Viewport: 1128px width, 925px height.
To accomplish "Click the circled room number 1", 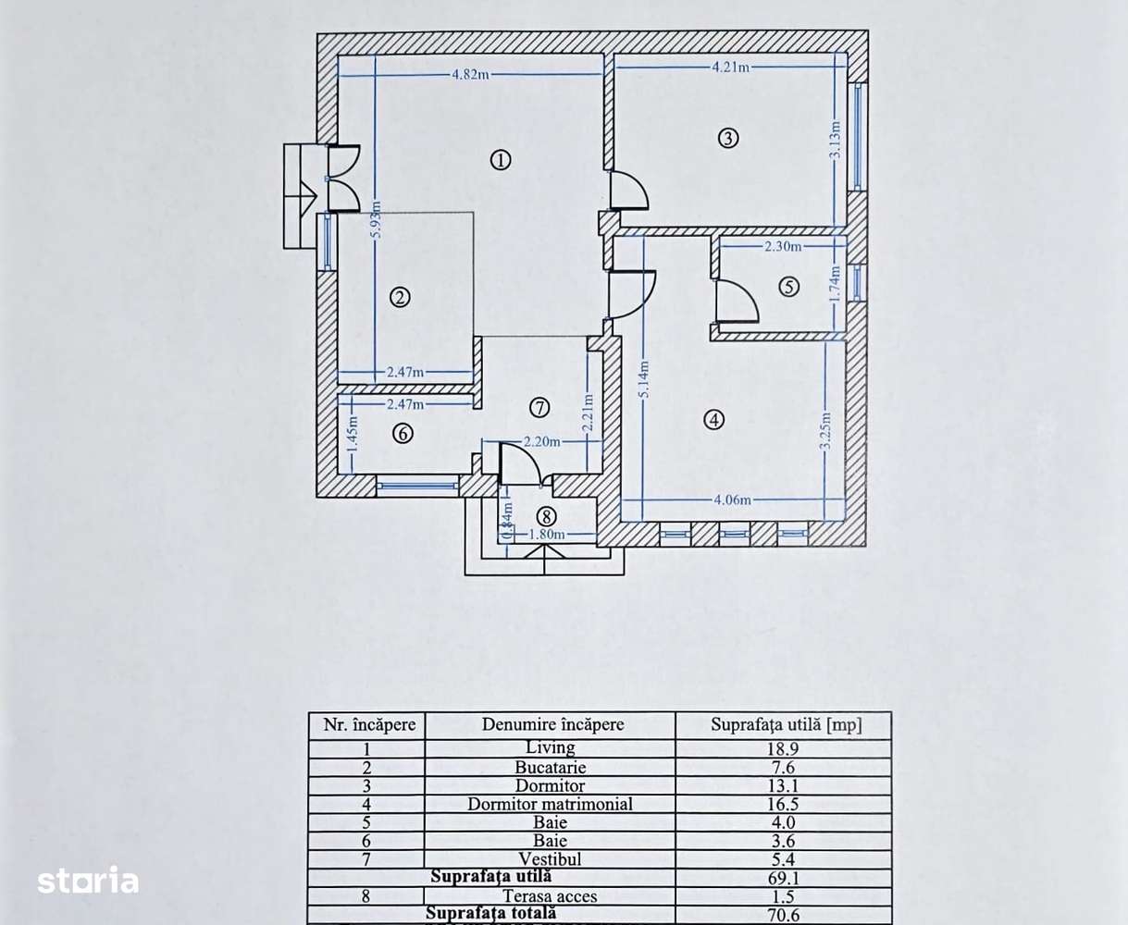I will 500,160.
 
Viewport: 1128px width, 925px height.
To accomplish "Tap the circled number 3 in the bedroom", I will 728,139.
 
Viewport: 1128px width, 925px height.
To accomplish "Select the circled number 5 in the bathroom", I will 788,287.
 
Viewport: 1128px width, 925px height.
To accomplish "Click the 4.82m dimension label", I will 470,75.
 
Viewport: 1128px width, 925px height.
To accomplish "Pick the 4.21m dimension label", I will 730,67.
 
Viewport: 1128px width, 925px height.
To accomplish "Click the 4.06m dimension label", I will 732,500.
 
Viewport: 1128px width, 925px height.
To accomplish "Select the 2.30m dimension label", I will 783,247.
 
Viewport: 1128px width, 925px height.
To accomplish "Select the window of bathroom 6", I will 418,484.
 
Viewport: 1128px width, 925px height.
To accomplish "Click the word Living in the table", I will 550,748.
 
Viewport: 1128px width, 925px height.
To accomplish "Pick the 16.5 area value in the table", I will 783,804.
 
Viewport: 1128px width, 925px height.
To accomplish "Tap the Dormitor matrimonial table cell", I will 550,804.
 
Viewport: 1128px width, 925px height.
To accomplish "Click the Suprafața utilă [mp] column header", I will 785,725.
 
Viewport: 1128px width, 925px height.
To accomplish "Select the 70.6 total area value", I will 783,915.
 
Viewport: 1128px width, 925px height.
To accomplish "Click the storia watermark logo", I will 88,881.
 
